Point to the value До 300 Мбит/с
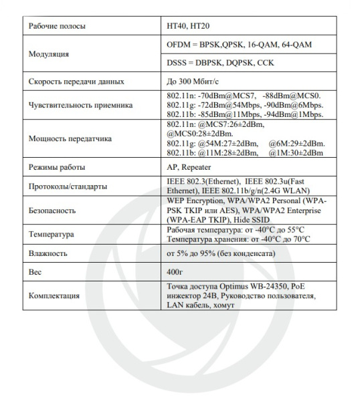[194, 82]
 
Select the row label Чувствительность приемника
[80, 105]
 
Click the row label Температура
[52, 235]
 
